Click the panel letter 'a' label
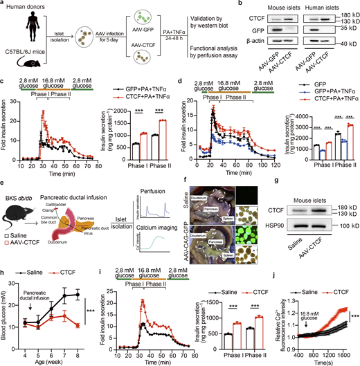tap(3, 5)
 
